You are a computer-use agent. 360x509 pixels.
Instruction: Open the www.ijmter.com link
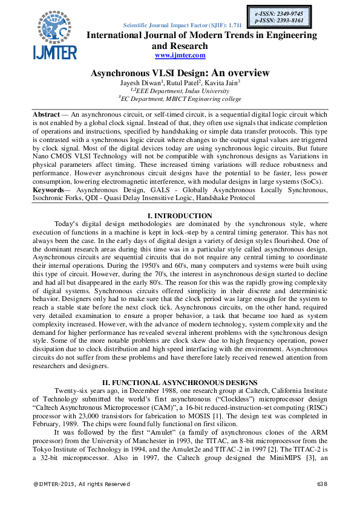tap(180, 55)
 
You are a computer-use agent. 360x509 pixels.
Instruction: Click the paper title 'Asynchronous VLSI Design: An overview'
tap(180, 73)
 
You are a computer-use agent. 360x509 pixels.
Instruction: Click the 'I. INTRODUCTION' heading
tap(180, 216)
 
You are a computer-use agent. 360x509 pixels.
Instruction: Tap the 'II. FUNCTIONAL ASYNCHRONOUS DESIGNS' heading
tap(180, 382)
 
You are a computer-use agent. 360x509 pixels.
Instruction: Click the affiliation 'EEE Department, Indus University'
tap(180, 91)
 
